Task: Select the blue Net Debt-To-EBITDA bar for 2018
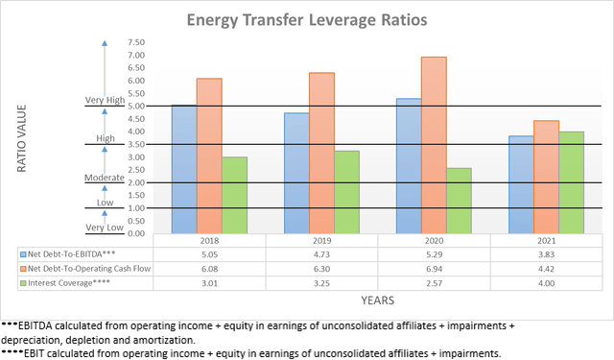(x=183, y=169)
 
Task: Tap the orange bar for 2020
(x=434, y=144)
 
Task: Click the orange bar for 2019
(x=321, y=153)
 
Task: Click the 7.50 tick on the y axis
(x=135, y=43)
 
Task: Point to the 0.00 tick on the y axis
(x=135, y=233)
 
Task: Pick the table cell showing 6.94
(x=434, y=269)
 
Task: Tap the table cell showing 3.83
(x=546, y=254)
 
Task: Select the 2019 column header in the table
(x=321, y=241)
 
